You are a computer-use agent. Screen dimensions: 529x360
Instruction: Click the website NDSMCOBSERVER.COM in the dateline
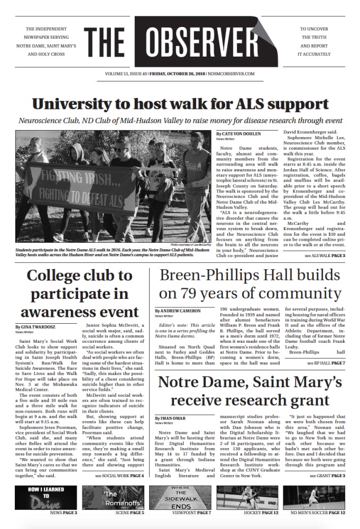(232, 75)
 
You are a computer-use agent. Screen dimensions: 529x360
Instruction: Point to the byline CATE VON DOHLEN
(240, 134)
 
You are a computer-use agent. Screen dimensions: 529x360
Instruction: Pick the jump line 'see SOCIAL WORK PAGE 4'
(119, 476)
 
